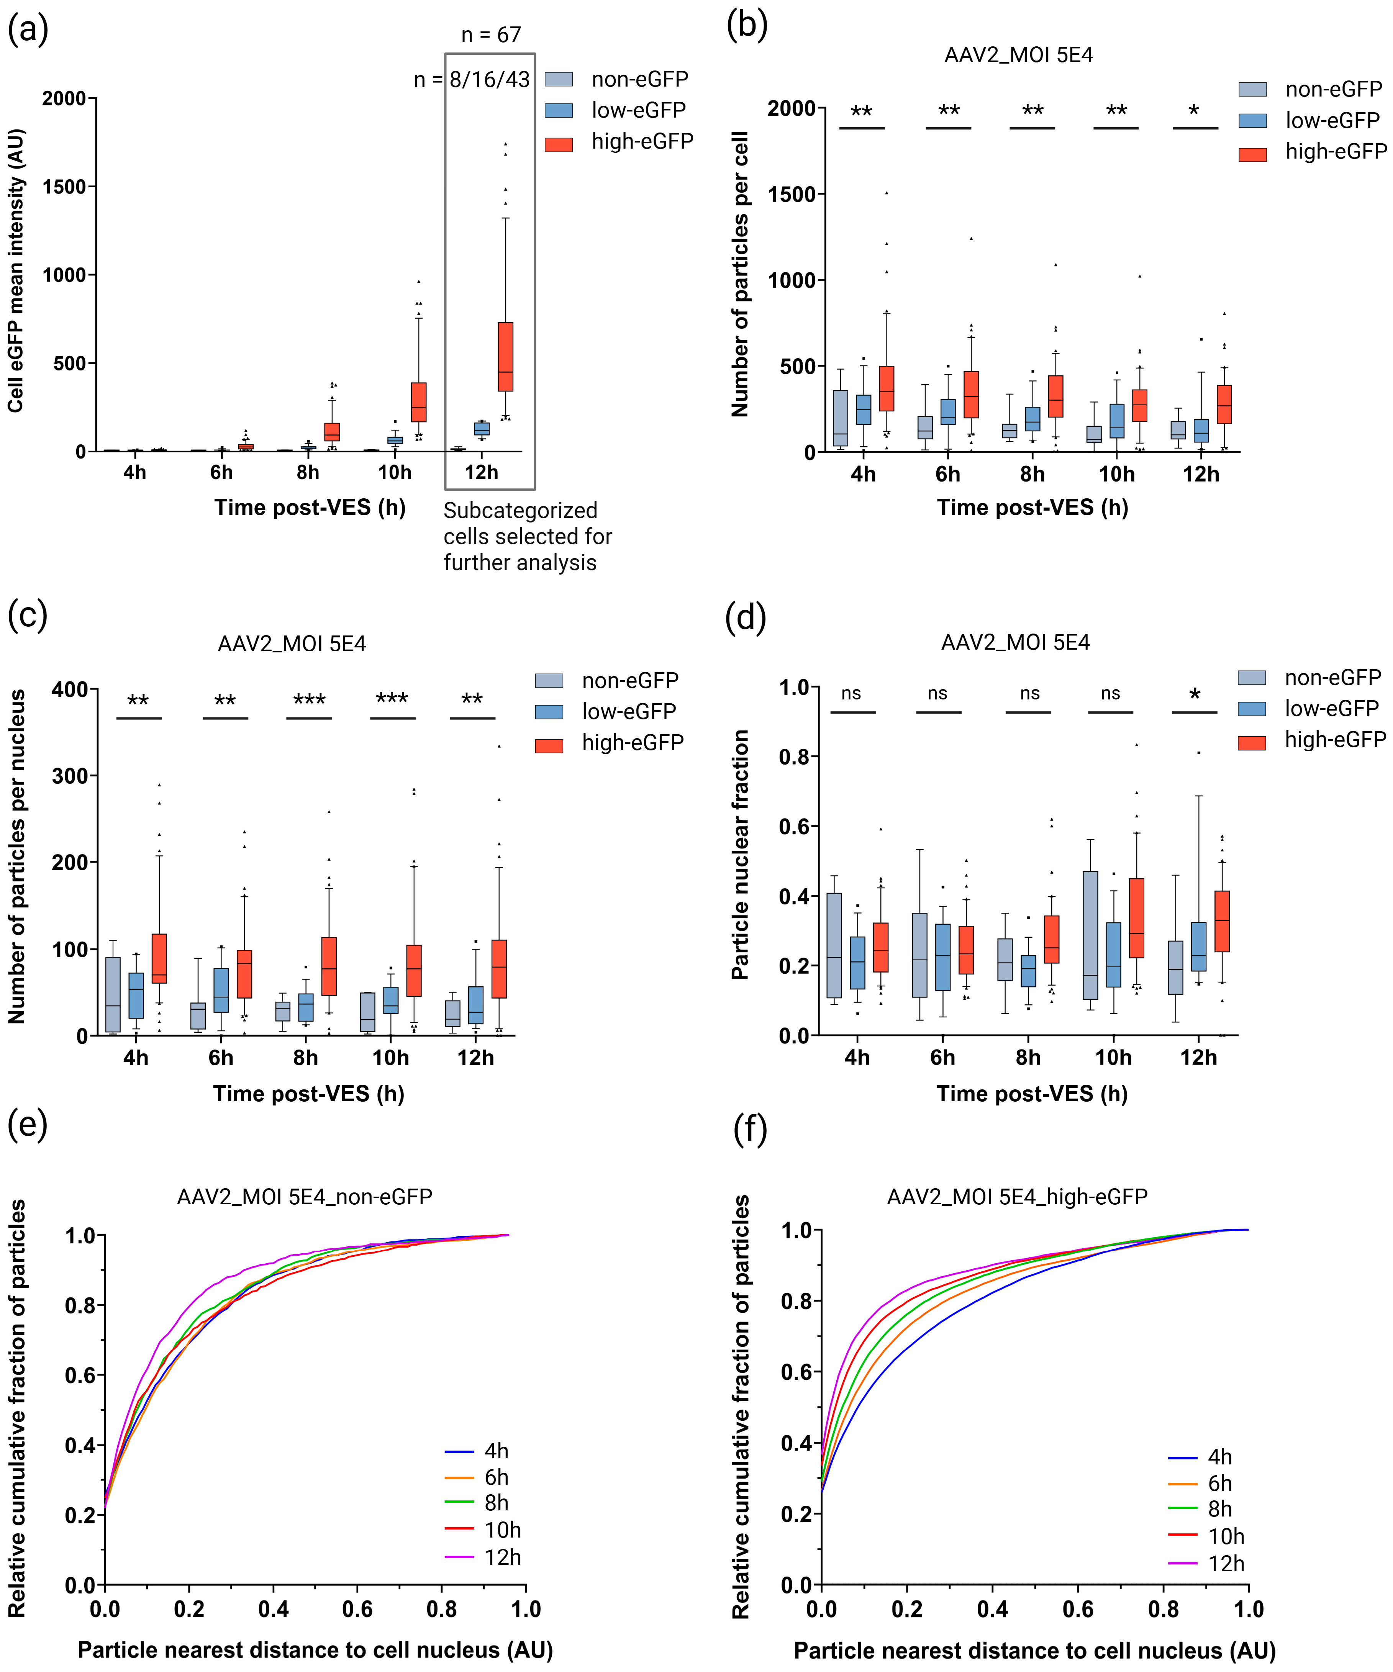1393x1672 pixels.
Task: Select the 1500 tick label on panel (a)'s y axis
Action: (64, 187)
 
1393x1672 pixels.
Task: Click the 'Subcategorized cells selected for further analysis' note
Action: (527, 536)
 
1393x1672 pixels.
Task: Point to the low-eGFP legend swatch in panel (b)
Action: (1252, 120)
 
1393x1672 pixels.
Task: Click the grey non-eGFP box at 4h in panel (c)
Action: (113, 994)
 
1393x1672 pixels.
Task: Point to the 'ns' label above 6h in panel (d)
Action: (937, 693)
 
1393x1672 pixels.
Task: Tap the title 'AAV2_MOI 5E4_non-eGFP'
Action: (304, 1197)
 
